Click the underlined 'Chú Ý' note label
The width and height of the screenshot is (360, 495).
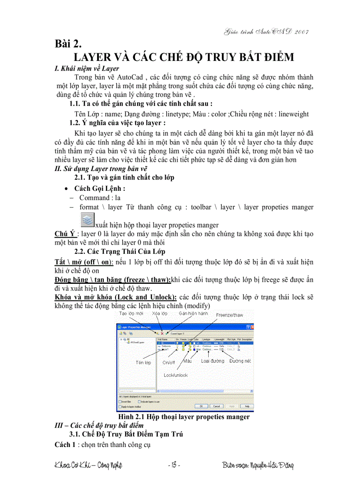[64, 234]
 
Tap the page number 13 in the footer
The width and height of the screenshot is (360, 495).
[174, 465]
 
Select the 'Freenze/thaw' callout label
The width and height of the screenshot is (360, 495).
[230, 315]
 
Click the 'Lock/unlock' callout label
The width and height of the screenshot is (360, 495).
[176, 375]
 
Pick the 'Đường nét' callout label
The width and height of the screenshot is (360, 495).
[240, 361]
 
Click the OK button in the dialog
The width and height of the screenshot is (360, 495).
[201, 406]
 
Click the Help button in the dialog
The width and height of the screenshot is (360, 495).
[247, 406]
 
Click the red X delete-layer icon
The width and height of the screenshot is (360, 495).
[162, 333]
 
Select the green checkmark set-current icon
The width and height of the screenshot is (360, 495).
[166, 333]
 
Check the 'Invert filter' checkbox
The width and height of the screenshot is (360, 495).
[120, 402]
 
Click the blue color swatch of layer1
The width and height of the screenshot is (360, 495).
[193, 349]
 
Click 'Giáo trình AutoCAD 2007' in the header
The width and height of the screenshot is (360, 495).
[266, 32]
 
